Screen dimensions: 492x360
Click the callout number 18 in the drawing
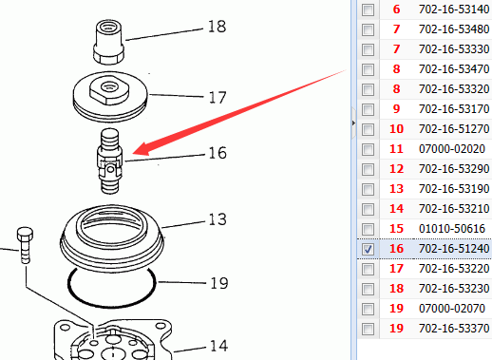click(218, 27)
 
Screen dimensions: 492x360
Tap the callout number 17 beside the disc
click(218, 97)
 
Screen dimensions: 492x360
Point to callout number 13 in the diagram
click(218, 219)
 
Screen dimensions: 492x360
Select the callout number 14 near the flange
click(218, 346)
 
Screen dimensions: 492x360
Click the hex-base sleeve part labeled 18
click(108, 42)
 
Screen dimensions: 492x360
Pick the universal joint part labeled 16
click(109, 161)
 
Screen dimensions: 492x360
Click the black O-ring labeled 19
click(112, 287)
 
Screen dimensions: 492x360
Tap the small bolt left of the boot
click(25, 245)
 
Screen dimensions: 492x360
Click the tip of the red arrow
click(133, 154)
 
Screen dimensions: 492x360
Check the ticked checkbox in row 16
click(368, 249)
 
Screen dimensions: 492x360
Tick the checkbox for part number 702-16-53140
click(368, 9)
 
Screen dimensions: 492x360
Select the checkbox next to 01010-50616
click(368, 229)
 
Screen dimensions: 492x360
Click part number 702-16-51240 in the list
click(454, 249)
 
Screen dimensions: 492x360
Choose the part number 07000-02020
click(452, 149)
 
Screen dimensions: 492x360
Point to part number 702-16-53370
click(454, 329)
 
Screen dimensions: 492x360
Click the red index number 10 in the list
click(396, 129)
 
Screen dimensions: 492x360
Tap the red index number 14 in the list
click(396, 209)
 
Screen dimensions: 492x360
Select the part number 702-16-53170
click(454, 109)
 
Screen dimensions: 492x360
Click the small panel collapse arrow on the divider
click(353, 123)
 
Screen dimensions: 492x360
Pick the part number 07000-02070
click(452, 309)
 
